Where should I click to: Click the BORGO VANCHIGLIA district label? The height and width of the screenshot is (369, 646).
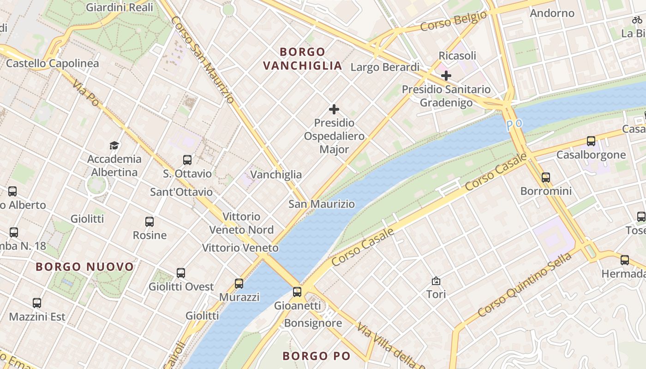tap(303, 59)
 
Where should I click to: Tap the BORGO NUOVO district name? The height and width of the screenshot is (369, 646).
tap(84, 267)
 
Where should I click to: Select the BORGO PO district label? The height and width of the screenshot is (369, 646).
tap(317, 356)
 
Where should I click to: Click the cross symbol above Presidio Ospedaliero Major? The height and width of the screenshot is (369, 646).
tap(334, 109)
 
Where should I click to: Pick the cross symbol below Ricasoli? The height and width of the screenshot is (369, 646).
tap(446, 75)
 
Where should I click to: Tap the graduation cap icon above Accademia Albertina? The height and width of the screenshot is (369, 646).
tap(114, 146)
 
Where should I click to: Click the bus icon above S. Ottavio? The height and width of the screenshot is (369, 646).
tap(187, 160)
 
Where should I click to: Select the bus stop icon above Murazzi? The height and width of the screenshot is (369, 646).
tap(239, 284)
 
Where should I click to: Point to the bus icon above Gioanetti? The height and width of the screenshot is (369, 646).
tap(297, 292)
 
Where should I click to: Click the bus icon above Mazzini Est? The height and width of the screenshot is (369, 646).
tap(37, 303)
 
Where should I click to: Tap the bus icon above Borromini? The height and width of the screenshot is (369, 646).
tap(546, 177)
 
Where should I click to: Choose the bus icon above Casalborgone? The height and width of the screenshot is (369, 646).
tap(591, 141)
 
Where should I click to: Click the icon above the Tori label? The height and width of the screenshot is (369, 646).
tap(436, 280)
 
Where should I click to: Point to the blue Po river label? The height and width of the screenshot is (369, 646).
tap(514, 125)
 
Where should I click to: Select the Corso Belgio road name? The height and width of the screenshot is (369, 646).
tap(453, 21)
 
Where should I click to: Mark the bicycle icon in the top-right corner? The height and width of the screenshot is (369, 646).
tap(637, 20)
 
